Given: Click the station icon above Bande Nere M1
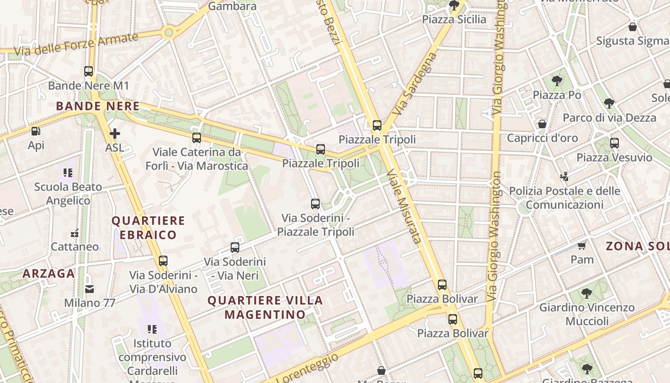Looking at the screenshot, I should [x=89, y=71].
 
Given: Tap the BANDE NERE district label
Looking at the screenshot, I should [x=98, y=106].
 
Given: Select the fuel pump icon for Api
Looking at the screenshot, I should [x=36, y=131].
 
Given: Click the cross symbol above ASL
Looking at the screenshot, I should [x=114, y=134].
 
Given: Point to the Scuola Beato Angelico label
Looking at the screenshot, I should [x=68, y=193].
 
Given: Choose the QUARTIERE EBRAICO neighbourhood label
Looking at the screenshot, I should [x=148, y=227].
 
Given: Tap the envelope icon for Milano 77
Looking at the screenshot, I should [x=89, y=289].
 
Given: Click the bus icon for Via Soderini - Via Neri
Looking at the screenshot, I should [x=235, y=248].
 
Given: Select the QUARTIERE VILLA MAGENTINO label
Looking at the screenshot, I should [x=265, y=307].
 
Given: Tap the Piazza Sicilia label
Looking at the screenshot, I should [x=454, y=20].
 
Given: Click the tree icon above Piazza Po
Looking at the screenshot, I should [x=557, y=80].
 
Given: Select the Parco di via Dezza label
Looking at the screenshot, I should [x=609, y=118].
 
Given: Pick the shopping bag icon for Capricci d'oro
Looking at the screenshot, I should [x=542, y=124].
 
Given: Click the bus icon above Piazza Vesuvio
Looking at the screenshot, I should [x=614, y=143].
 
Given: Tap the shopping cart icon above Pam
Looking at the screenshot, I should [x=582, y=246].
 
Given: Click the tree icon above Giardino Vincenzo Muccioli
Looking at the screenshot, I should [x=587, y=293].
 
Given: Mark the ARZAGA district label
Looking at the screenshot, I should [x=49, y=274].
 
